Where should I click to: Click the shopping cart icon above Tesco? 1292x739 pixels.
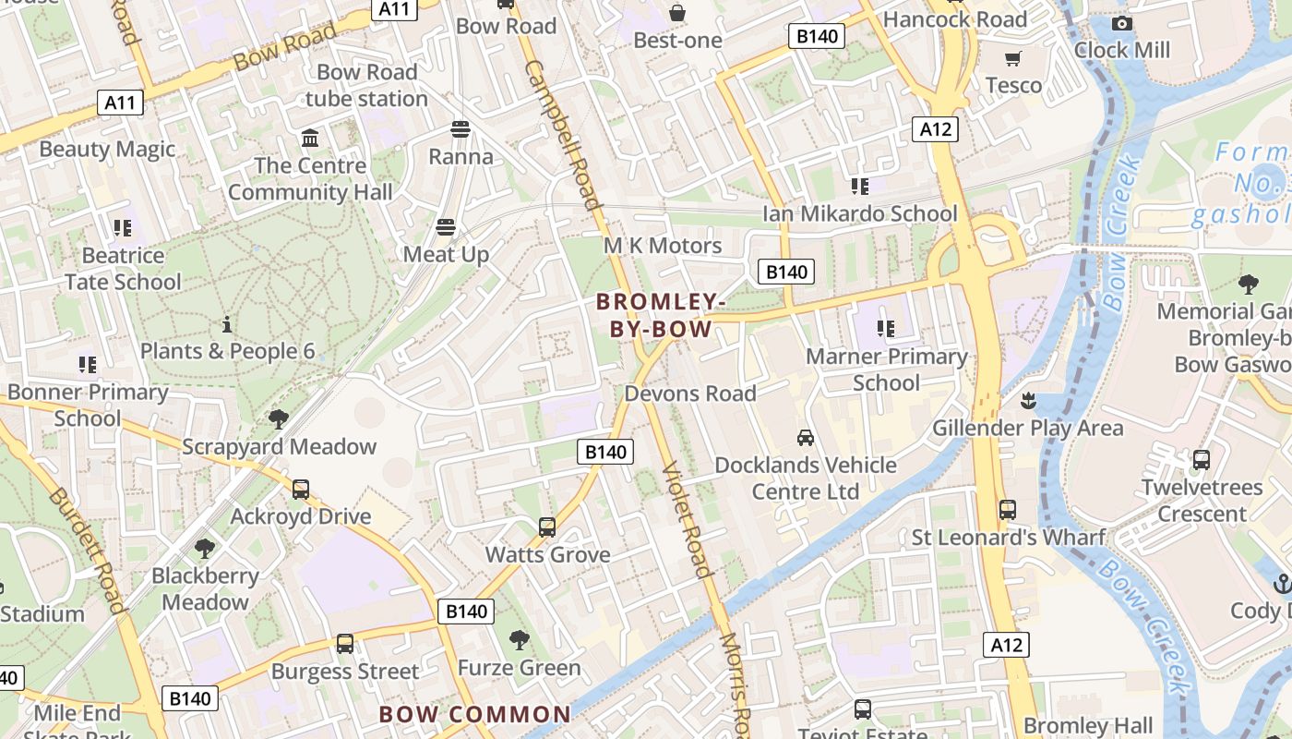[x=1013, y=59]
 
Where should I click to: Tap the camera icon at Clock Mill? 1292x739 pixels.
[x=1121, y=24]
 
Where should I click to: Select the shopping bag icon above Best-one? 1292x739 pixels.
[x=677, y=13]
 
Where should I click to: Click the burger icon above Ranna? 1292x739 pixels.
[x=460, y=129]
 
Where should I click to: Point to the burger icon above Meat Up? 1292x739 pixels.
[x=447, y=227]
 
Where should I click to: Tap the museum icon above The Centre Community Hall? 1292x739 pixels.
[x=310, y=139]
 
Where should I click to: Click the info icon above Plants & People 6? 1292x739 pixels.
[x=227, y=324]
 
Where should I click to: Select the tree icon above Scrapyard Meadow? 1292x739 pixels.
[x=278, y=419]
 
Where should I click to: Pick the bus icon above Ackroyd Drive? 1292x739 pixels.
[x=301, y=490]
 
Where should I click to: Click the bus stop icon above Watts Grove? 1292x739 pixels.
[x=547, y=527]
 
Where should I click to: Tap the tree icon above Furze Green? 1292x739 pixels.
[x=520, y=639]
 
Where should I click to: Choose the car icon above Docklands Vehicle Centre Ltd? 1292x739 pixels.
[x=806, y=437]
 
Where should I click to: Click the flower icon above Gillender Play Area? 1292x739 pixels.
[x=1026, y=401]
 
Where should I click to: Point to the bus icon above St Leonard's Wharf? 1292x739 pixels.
[x=1008, y=510]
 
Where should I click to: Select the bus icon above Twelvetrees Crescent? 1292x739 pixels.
[x=1202, y=460]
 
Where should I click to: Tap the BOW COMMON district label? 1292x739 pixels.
[x=475, y=714]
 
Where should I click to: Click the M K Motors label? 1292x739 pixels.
[x=663, y=246]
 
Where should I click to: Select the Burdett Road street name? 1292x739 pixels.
[x=86, y=550]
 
